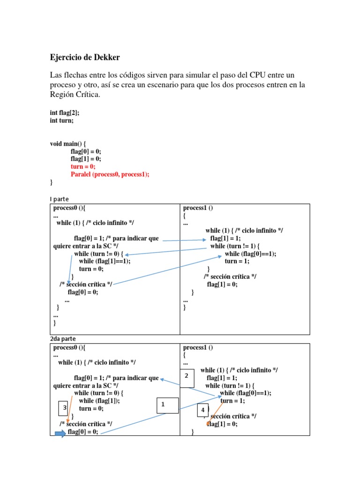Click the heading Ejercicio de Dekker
pyautogui.click(x=85, y=58)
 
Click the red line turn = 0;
pyautogui.click(x=83, y=167)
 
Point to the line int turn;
pyautogui.click(x=62, y=120)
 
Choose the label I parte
pyautogui.click(x=59, y=199)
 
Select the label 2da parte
pyautogui.click(x=63, y=338)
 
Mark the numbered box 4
pyautogui.click(x=202, y=410)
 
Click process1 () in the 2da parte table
pyautogui.click(x=198, y=348)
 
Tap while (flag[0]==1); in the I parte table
pyautogui.click(x=250, y=254)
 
